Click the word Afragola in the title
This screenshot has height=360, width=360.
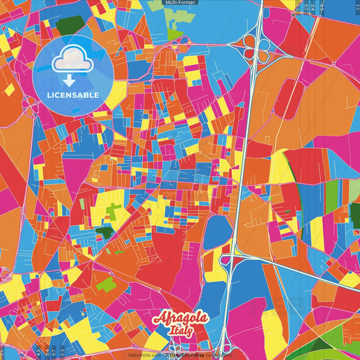click(182, 318)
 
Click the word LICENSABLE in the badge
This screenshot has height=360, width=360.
click(73, 95)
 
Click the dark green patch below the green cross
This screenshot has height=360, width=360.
click(103, 232)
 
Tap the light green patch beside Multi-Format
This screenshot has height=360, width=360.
click(174, 32)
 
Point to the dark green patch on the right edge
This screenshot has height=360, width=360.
click(355, 213)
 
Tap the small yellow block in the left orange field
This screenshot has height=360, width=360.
click(10, 88)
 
